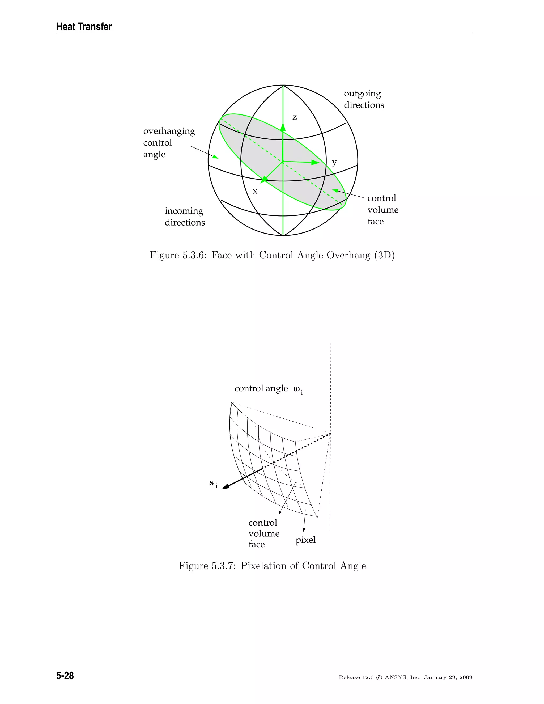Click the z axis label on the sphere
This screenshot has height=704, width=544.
295,118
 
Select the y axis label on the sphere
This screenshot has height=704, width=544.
334,163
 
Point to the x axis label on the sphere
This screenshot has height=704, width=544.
255,192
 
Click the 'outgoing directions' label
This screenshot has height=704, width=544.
364,99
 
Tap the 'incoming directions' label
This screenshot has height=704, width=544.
185,217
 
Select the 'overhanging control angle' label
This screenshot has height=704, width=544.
169,142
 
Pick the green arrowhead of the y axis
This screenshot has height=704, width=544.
316,163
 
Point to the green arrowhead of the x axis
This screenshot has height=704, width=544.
265,179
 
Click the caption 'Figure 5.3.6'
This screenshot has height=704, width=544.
272,255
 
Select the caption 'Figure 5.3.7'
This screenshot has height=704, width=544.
272,566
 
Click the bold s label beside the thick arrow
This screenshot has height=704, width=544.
212,483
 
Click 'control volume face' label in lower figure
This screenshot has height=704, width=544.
263,533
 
